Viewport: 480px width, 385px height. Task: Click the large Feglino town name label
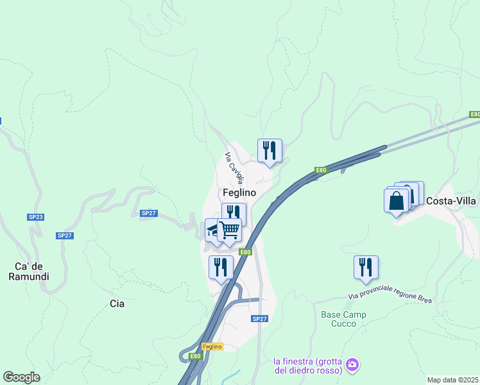[239, 193]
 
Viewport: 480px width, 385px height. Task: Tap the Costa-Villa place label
[451, 201]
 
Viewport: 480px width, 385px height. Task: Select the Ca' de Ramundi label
[32, 271]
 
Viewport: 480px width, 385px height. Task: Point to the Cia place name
[117, 304]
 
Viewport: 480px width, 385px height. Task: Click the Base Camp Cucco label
[343, 319]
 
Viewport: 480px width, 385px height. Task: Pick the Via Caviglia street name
[234, 166]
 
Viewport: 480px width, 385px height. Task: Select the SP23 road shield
[36, 218]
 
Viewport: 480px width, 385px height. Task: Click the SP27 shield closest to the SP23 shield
[65, 235]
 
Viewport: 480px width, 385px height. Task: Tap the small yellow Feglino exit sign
[214, 346]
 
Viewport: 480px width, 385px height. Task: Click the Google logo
[21, 377]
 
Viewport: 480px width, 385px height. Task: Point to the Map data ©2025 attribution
[452, 380]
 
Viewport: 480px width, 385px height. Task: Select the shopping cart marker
[229, 229]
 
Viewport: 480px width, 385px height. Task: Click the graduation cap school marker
[212, 229]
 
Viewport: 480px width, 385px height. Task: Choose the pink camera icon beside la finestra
[352, 365]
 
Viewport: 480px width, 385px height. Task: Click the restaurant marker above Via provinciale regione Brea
[366, 266]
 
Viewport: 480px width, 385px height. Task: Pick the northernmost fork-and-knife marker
[270, 150]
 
